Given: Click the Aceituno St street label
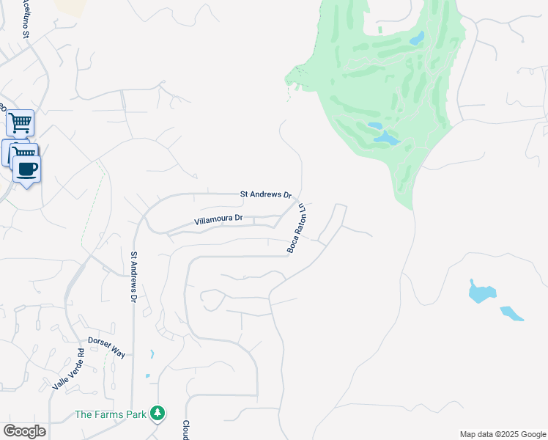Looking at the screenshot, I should tap(26, 19).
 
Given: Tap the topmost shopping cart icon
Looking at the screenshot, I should tap(20, 122).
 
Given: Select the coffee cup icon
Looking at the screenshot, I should tap(27, 169).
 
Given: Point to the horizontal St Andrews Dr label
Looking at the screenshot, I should tap(267, 194).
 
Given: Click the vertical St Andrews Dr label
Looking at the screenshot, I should tap(134, 278).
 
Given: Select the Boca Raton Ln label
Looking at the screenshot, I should tap(296, 229).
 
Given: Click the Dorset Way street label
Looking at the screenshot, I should tap(107, 347).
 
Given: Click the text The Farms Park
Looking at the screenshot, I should tap(110, 414).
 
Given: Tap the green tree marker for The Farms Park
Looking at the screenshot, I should tap(157, 414).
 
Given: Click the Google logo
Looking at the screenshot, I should tap(24, 431).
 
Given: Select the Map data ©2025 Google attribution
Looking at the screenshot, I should tap(502, 434).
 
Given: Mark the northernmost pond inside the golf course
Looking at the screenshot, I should tap(416, 38).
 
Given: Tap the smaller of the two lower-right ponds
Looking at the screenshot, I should tap(512, 314).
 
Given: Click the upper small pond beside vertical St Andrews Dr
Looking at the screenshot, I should tap(152, 354).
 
